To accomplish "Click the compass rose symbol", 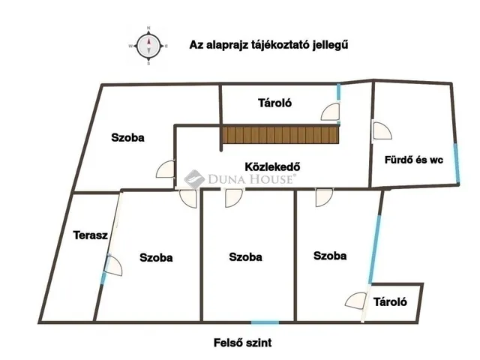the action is (x=148, y=46).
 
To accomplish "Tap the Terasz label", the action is (x=90, y=235).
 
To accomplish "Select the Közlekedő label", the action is (x=272, y=166).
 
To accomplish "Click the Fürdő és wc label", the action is (x=414, y=160).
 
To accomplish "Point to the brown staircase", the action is (x=280, y=135).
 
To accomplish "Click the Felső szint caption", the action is (x=242, y=342).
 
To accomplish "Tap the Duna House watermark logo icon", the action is (x=193, y=179).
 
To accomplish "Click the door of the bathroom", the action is (x=382, y=130).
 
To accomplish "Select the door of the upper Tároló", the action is (x=331, y=112).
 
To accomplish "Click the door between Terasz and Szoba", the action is (x=113, y=265).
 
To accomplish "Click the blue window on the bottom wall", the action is (x=265, y=322).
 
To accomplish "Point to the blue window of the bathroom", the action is (x=457, y=163).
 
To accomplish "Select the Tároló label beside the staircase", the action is (x=275, y=103).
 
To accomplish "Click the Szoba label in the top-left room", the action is (x=127, y=137).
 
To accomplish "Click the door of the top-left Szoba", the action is (x=166, y=169).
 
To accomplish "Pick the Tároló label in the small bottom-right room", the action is (x=390, y=301).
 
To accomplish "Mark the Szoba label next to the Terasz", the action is (x=156, y=257).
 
